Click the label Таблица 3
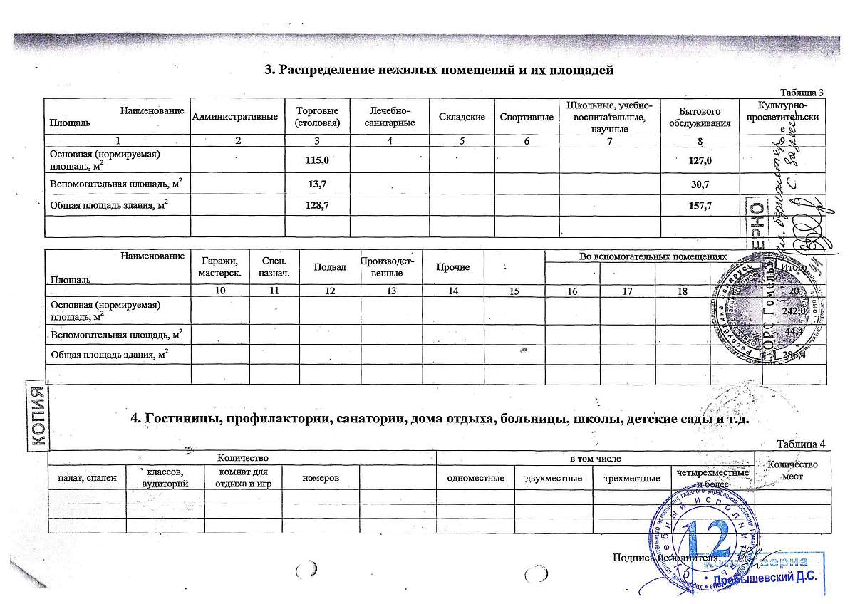pyautogui.click(x=802, y=93)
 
